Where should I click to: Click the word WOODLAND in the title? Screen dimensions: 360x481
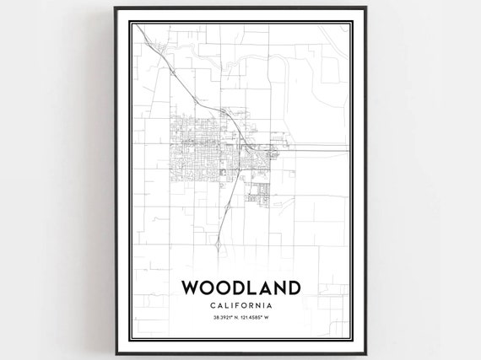pos(240,287)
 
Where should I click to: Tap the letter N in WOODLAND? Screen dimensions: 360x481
pos(277,287)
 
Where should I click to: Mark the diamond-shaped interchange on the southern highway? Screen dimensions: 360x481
pos(217,245)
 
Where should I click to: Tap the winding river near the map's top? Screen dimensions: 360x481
pos(253,64)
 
